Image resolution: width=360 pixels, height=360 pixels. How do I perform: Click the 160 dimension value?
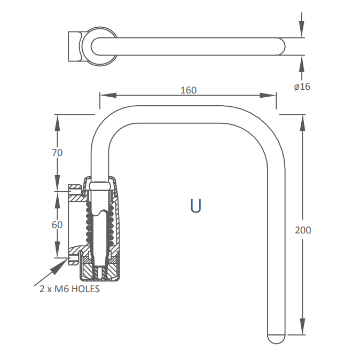[x=189, y=90]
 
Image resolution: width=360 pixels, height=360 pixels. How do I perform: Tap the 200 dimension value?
[x=303, y=230]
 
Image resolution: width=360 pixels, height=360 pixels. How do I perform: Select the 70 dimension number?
[x=57, y=153]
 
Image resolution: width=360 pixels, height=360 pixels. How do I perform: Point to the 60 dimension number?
[x=57, y=225]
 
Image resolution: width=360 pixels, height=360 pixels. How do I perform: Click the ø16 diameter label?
[x=302, y=87]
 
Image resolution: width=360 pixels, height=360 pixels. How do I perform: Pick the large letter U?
[x=196, y=206]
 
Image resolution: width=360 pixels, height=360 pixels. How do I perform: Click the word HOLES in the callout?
[x=85, y=289]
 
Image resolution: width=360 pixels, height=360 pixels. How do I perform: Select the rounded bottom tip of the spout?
[x=276, y=339]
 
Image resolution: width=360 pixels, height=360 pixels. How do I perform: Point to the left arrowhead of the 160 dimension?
[x=108, y=95]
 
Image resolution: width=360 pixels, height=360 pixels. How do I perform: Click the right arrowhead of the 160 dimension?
[x=268, y=95]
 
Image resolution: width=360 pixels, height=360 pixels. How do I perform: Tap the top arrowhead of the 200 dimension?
[x=303, y=122]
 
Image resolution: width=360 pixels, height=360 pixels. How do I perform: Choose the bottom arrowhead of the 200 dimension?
[x=303, y=326]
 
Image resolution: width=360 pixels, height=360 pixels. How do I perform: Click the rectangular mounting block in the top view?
[x=75, y=46]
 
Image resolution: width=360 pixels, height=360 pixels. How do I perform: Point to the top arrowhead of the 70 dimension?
[x=57, y=123]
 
